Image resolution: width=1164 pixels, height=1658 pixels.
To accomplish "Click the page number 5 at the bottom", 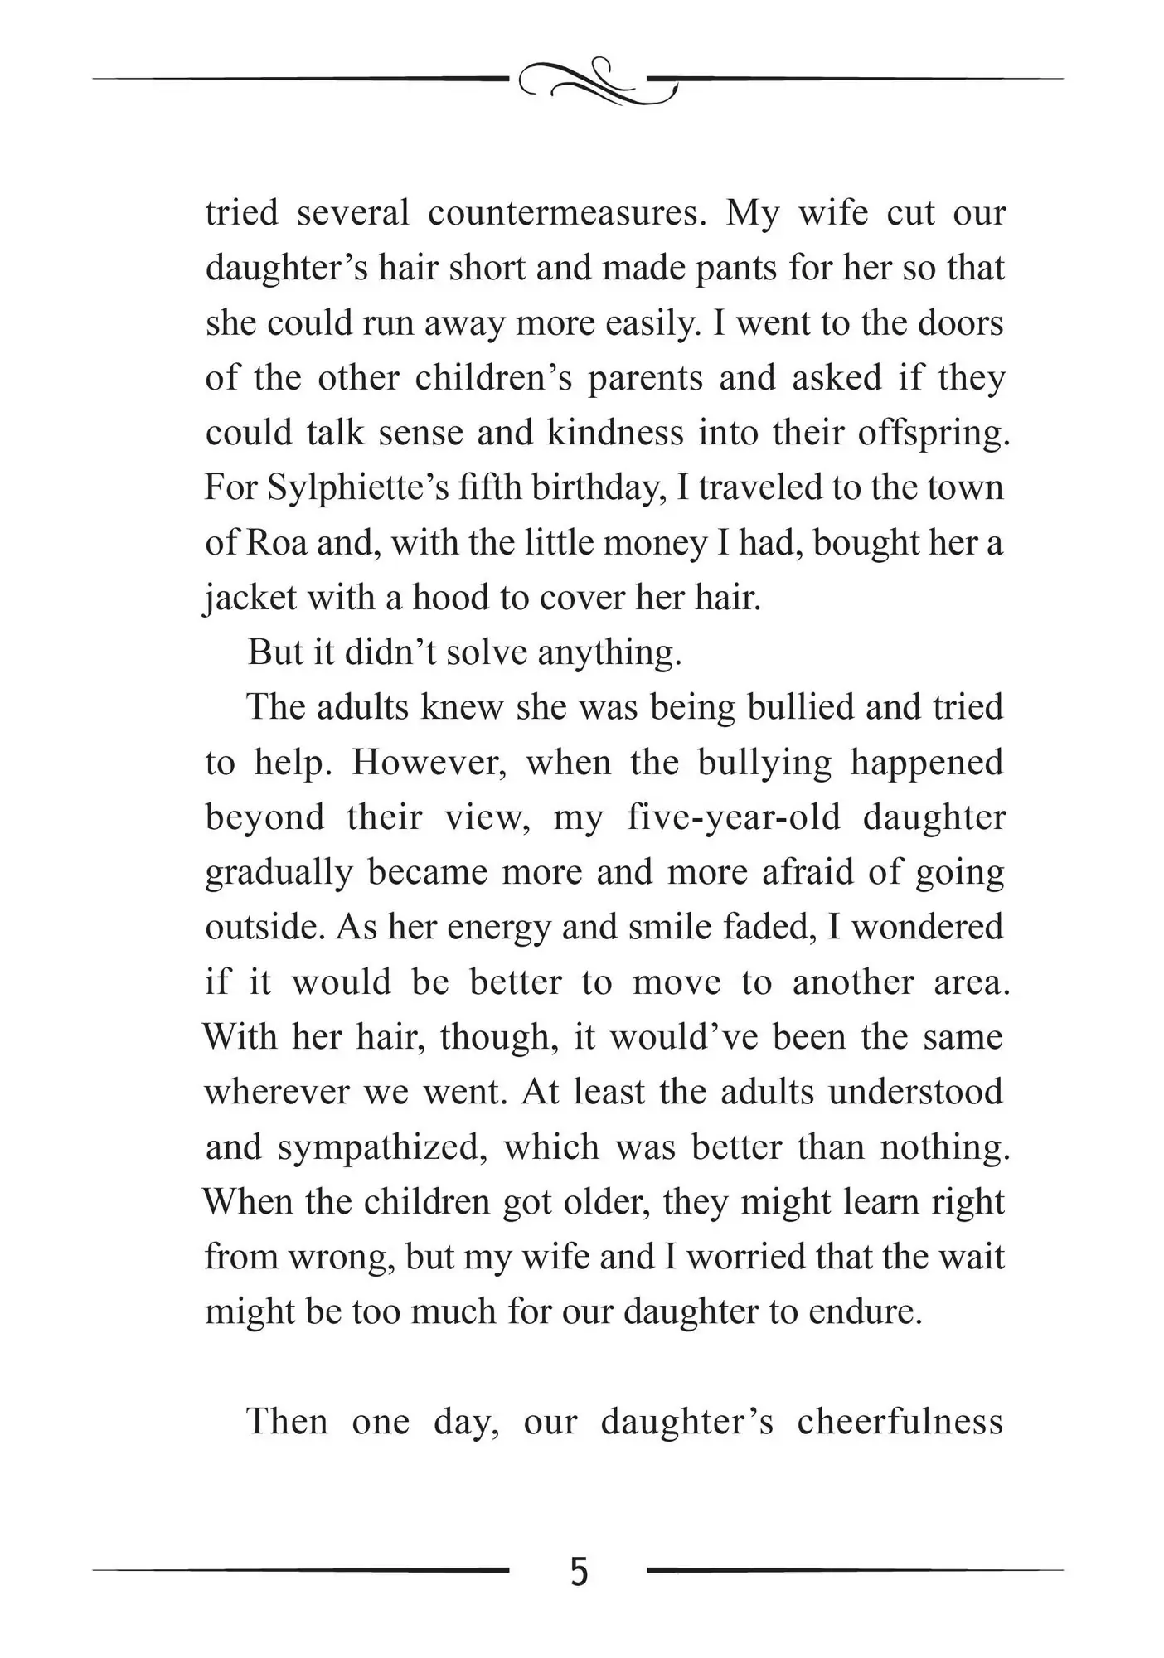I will [580, 1571].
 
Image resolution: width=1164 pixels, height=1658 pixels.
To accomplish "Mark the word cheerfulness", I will [900, 1423].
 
